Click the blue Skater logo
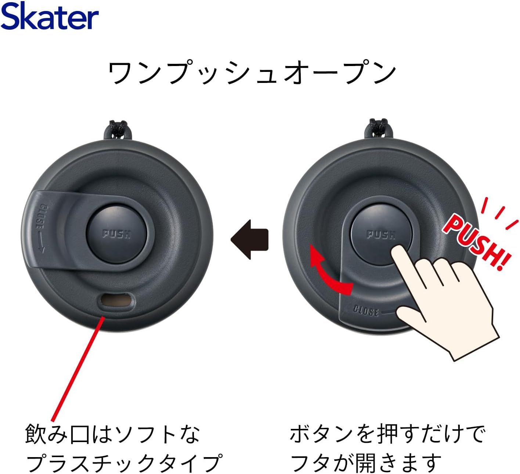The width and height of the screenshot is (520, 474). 50,16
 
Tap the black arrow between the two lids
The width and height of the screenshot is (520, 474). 249,239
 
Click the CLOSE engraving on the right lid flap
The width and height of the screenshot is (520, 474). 366,311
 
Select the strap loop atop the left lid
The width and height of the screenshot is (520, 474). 118,130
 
